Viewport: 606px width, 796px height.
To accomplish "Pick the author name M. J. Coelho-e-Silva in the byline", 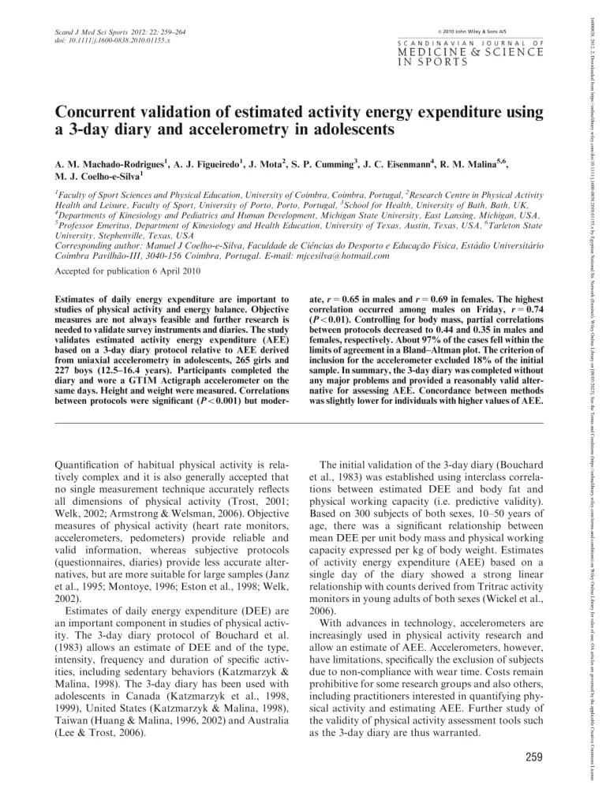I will click(x=95, y=178).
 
